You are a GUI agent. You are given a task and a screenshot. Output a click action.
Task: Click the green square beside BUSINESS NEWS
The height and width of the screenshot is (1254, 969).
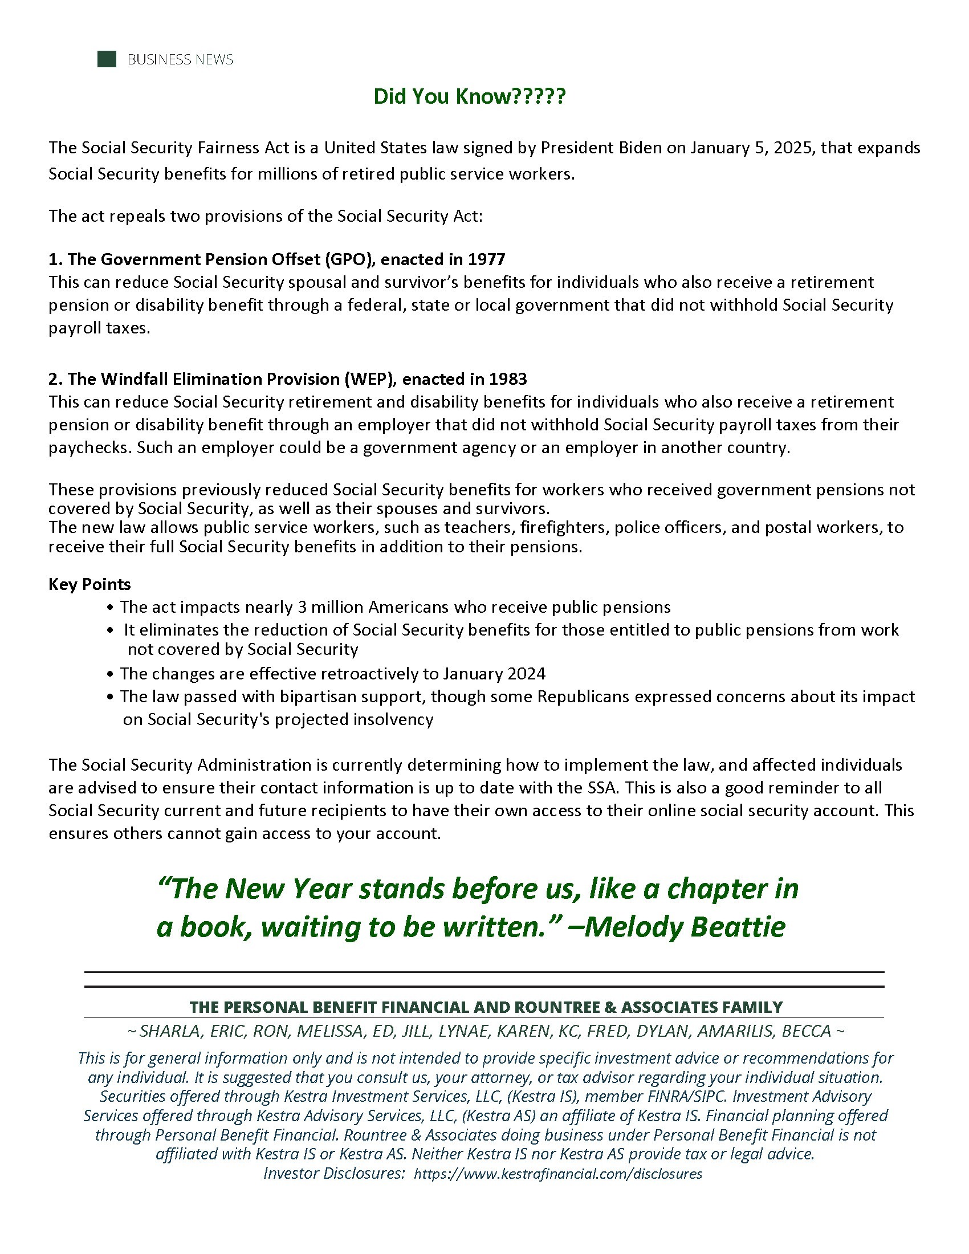pos(107,59)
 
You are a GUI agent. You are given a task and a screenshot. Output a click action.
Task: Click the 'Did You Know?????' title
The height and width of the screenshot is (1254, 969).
pos(470,96)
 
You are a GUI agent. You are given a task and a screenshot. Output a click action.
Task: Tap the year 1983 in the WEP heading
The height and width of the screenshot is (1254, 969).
pos(508,379)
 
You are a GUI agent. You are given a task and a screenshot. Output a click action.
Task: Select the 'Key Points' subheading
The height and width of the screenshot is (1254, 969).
pos(89,584)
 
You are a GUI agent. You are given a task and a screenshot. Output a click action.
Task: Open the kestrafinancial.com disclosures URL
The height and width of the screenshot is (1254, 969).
pos(557,1174)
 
